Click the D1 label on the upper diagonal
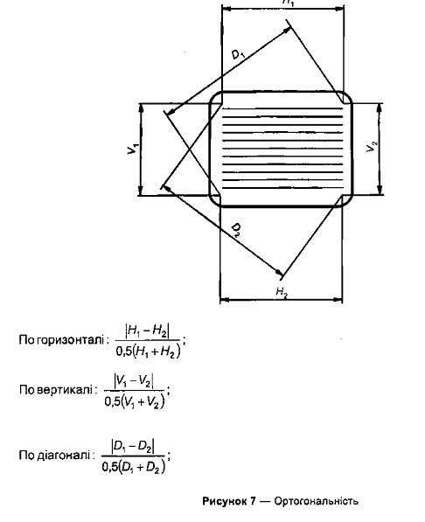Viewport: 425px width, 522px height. [238, 54]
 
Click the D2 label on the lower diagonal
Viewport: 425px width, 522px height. [236, 230]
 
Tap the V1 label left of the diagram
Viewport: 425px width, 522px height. [133, 149]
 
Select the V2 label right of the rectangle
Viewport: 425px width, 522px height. [372, 147]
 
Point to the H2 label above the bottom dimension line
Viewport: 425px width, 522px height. [282, 292]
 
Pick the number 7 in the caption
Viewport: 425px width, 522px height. [253, 501]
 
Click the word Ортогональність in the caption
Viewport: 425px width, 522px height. [317, 501]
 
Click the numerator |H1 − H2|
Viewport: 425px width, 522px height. [147, 331]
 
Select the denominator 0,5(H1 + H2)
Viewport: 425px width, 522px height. [148, 351]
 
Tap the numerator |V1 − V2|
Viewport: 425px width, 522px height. [134, 381]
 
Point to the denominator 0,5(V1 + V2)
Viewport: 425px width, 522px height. [135, 402]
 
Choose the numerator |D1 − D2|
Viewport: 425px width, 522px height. [133, 446]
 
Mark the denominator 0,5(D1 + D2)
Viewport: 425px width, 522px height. [134, 467]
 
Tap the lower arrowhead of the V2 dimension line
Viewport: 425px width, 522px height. [380, 190]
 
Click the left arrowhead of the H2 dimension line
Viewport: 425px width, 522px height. [225, 300]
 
